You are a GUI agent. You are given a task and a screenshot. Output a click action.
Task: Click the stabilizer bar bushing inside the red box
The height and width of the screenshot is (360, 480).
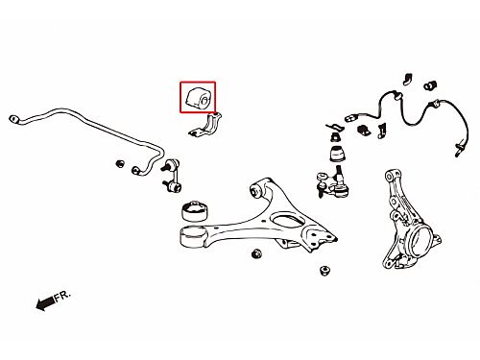pyautogui.click(x=198, y=97)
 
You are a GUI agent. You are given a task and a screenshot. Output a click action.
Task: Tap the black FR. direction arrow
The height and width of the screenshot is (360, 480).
pyautogui.click(x=45, y=303)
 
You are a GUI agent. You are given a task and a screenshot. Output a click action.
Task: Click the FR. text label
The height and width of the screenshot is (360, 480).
pyautogui.click(x=62, y=296)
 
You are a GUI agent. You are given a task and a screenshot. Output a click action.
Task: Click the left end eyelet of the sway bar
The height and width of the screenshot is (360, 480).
pyautogui.click(x=13, y=119)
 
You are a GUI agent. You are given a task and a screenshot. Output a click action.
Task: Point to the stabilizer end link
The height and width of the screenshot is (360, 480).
pyautogui.click(x=171, y=177)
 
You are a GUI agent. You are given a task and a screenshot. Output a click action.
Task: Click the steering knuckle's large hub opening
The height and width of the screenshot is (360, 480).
pyautogui.click(x=420, y=240)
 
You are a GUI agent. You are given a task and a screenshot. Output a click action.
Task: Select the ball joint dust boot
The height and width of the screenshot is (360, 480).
pyautogui.click(x=338, y=154)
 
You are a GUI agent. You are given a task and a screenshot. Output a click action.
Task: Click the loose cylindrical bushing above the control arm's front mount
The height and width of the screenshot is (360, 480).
pyautogui.click(x=195, y=210)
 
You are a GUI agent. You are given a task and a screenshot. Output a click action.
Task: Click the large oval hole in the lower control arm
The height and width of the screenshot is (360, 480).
pyautogui.click(x=287, y=221)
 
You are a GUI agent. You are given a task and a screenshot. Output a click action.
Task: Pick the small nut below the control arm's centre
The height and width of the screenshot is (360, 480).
pyautogui.click(x=256, y=253)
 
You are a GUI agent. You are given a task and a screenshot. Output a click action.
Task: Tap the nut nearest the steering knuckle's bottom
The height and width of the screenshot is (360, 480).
pyautogui.click(x=324, y=271)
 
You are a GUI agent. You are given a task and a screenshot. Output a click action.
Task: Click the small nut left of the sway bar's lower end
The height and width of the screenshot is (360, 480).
pyautogui.click(x=120, y=163)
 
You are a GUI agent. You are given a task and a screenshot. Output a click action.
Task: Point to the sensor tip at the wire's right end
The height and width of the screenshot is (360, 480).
pyautogui.click(x=459, y=150)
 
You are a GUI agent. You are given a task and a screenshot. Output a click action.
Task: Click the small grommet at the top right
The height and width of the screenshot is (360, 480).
pyautogui.click(x=430, y=84)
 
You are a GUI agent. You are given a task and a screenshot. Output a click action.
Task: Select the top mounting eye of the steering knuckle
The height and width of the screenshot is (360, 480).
pyautogui.click(x=390, y=176)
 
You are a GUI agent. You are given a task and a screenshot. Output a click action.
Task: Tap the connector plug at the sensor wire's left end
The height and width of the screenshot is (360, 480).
pyautogui.click(x=350, y=118)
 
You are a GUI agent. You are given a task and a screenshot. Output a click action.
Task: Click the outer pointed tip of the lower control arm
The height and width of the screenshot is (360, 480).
pyautogui.click(x=335, y=239)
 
